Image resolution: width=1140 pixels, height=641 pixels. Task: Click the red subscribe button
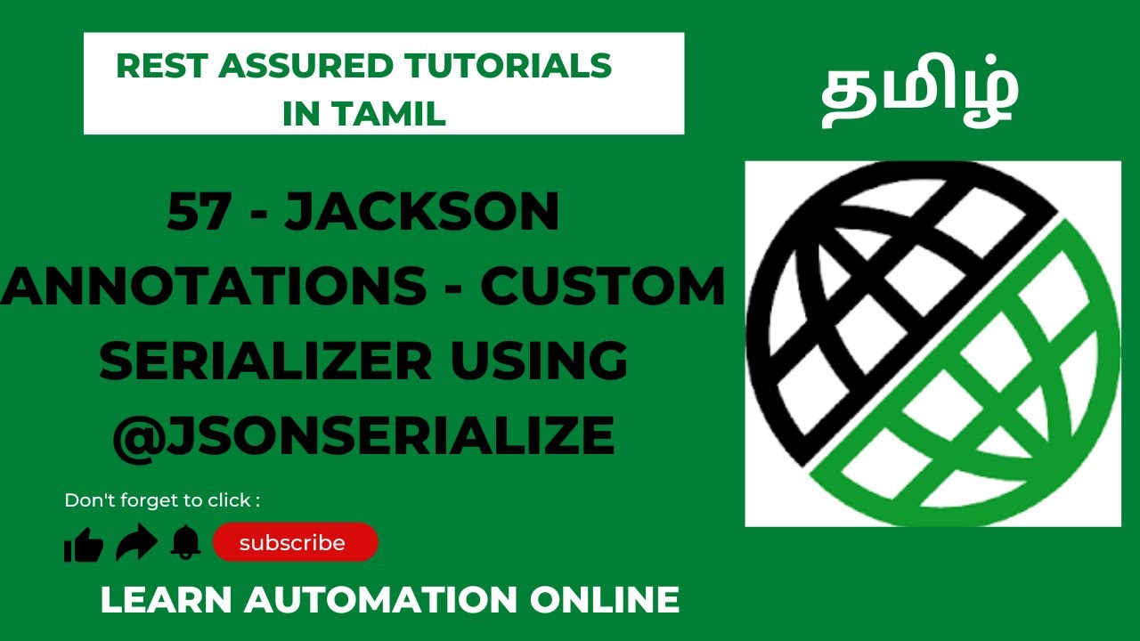295,542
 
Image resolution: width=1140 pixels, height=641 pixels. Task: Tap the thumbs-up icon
84,544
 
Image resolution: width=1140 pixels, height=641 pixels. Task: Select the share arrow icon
136,543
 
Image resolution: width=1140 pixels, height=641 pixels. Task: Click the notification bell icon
185,542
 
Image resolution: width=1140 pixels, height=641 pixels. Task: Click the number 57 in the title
199,214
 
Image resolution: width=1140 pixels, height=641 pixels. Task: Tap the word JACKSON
422,214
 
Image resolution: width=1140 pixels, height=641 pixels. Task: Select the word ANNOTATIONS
214,287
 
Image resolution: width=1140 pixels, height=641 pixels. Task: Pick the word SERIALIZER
258,361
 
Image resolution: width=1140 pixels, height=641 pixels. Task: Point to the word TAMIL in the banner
398,114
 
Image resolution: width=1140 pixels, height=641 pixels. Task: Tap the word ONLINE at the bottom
605,599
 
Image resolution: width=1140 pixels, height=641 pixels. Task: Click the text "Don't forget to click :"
162,500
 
